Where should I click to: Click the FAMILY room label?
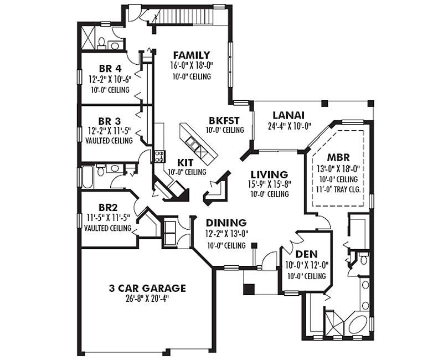click(x=192, y=55)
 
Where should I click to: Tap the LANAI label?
click(x=289, y=115)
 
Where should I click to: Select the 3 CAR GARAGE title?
click(x=147, y=288)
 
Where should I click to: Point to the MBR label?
click(x=338, y=157)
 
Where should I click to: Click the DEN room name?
click(x=306, y=254)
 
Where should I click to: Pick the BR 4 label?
click(x=110, y=68)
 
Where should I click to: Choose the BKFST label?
click(x=224, y=121)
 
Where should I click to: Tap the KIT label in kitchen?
click(x=185, y=163)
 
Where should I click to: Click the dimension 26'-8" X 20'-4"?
click(x=147, y=299)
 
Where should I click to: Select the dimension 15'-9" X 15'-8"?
click(x=270, y=184)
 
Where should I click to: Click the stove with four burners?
click(x=159, y=156)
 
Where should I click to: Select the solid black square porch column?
click(x=249, y=289)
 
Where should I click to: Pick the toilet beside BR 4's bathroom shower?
click(x=101, y=43)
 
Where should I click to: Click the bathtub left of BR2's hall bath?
click(x=87, y=177)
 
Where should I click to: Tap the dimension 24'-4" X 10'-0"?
click(x=290, y=126)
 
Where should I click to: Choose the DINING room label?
click(x=226, y=223)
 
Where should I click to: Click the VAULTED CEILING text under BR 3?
click(x=109, y=141)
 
